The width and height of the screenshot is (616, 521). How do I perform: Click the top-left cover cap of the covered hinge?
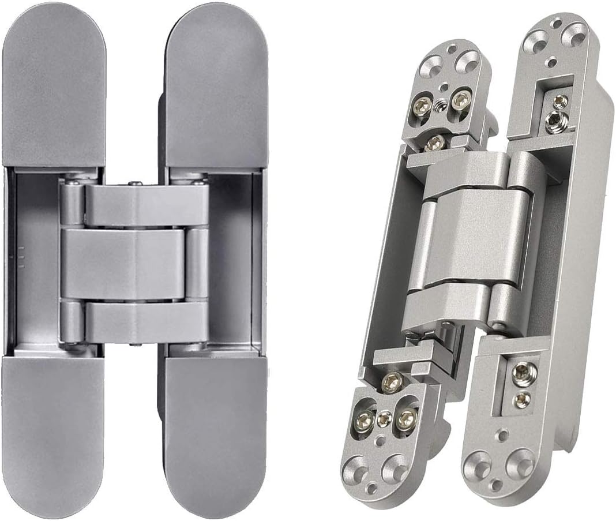point(54,87)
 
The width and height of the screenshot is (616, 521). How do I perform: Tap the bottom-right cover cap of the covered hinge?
point(216,433)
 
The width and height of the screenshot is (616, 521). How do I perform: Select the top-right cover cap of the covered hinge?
point(216,87)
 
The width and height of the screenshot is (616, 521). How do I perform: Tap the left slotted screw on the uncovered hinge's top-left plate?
point(422,106)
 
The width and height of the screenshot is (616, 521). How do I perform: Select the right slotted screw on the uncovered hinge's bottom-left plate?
point(406,418)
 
